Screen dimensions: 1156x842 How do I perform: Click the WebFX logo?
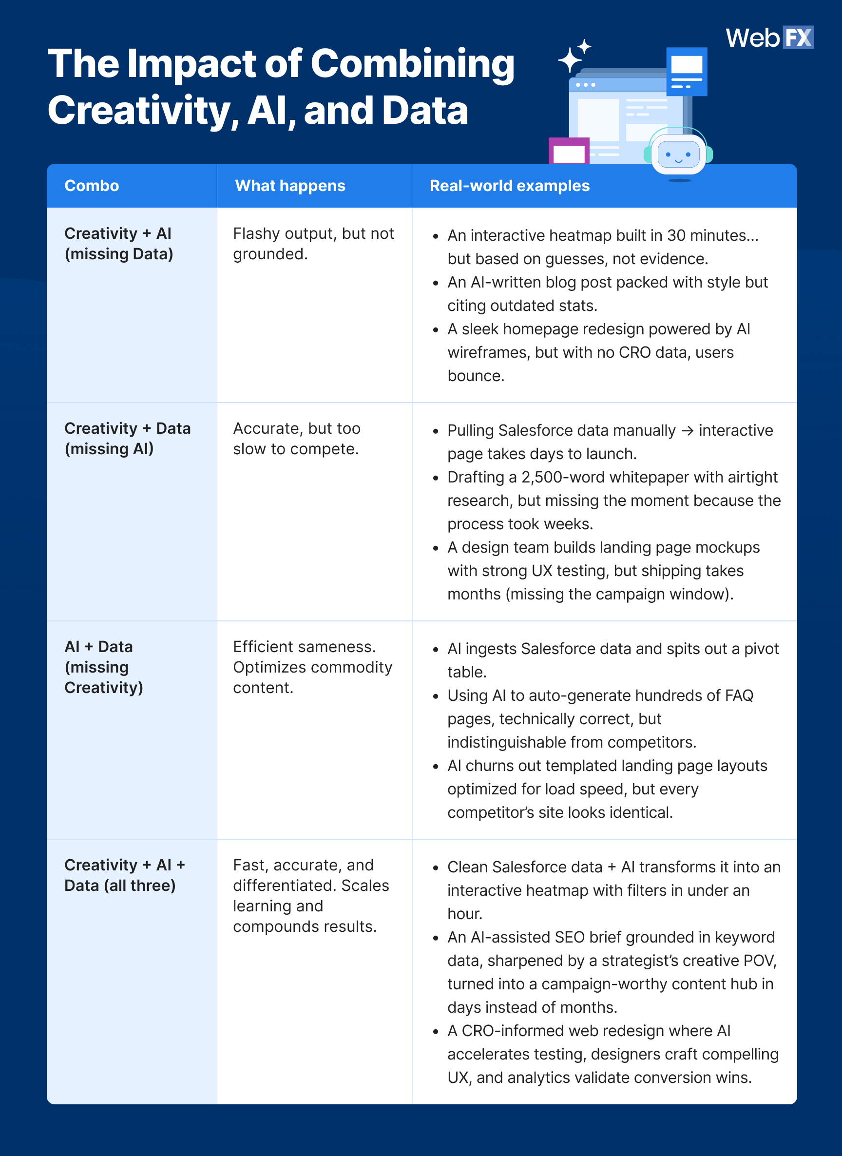769,38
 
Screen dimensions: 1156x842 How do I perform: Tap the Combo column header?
92,186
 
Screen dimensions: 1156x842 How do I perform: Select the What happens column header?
290,186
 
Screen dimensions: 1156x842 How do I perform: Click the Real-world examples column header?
509,186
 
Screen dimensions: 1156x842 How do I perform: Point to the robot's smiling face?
678,155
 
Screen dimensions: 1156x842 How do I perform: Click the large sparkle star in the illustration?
570,59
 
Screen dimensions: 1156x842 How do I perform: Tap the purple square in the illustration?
569,151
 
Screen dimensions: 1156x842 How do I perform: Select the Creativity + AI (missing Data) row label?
119,244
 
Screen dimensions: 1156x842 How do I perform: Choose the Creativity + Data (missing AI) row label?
128,438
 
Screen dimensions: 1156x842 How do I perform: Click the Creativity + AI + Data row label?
124,875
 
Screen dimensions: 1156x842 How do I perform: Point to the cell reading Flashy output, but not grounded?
313,244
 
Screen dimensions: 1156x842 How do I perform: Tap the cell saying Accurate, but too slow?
297,438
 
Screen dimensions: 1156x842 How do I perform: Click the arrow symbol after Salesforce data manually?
687,431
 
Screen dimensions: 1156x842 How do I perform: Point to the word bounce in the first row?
476,376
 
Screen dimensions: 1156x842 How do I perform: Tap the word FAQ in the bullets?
739,695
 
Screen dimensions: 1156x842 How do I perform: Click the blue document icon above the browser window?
687,71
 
